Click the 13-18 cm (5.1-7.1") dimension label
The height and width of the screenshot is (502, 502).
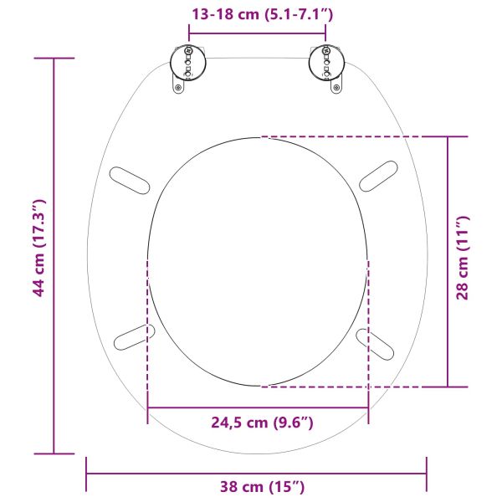point(257,14)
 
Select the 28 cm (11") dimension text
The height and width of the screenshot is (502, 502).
point(463,258)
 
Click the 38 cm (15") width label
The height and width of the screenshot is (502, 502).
point(257,486)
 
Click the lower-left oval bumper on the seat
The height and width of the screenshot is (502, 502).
point(134,337)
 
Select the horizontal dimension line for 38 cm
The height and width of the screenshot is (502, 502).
point(167,474)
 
